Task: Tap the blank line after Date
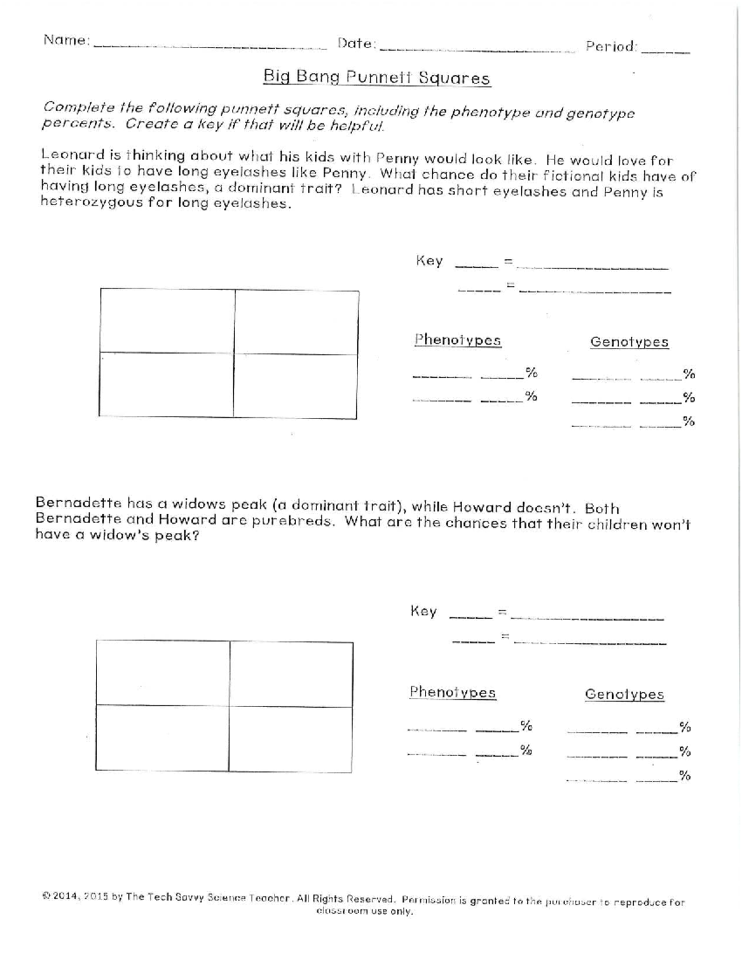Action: (476, 48)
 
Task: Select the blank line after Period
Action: (665, 51)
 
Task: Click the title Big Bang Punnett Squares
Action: (377, 77)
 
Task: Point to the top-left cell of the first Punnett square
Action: (167, 321)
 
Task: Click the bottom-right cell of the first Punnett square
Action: (296, 386)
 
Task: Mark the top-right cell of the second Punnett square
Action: (291, 673)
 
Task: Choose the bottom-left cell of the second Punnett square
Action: (162, 738)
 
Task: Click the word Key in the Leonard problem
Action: (429, 261)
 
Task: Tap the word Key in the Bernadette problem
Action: (424, 611)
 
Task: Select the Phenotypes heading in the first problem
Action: (458, 340)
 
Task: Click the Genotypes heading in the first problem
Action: (629, 342)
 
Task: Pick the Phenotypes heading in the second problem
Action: (453, 692)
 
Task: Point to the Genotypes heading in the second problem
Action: (624, 694)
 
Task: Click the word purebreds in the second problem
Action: (292, 520)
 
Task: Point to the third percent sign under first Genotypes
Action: (688, 422)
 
